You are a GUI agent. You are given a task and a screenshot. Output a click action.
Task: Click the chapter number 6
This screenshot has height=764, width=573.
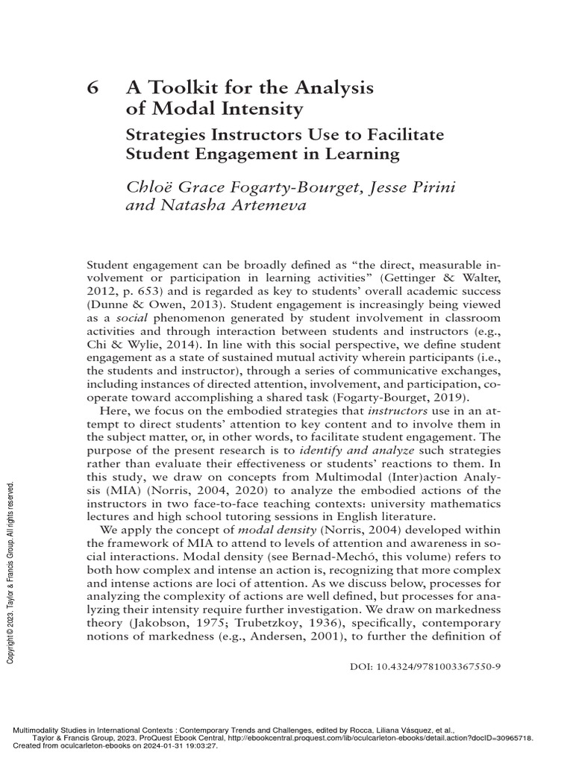(93, 88)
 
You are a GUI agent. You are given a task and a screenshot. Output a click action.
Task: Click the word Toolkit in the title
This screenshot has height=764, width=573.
(175, 88)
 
